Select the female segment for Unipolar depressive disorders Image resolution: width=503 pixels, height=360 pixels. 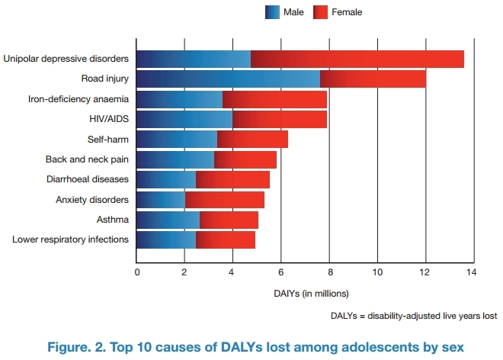357,58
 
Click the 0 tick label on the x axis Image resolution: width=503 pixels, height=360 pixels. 137,272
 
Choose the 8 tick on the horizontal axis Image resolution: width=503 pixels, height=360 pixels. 328,272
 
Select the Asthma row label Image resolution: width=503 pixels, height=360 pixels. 114,220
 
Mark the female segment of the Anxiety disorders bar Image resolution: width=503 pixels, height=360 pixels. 224,200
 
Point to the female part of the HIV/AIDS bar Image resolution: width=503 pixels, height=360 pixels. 279,119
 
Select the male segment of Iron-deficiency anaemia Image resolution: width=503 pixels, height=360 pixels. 180,98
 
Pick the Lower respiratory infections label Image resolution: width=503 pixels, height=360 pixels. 71,240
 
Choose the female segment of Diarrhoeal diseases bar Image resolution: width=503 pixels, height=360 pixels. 232,179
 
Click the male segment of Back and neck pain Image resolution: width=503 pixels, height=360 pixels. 175,159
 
